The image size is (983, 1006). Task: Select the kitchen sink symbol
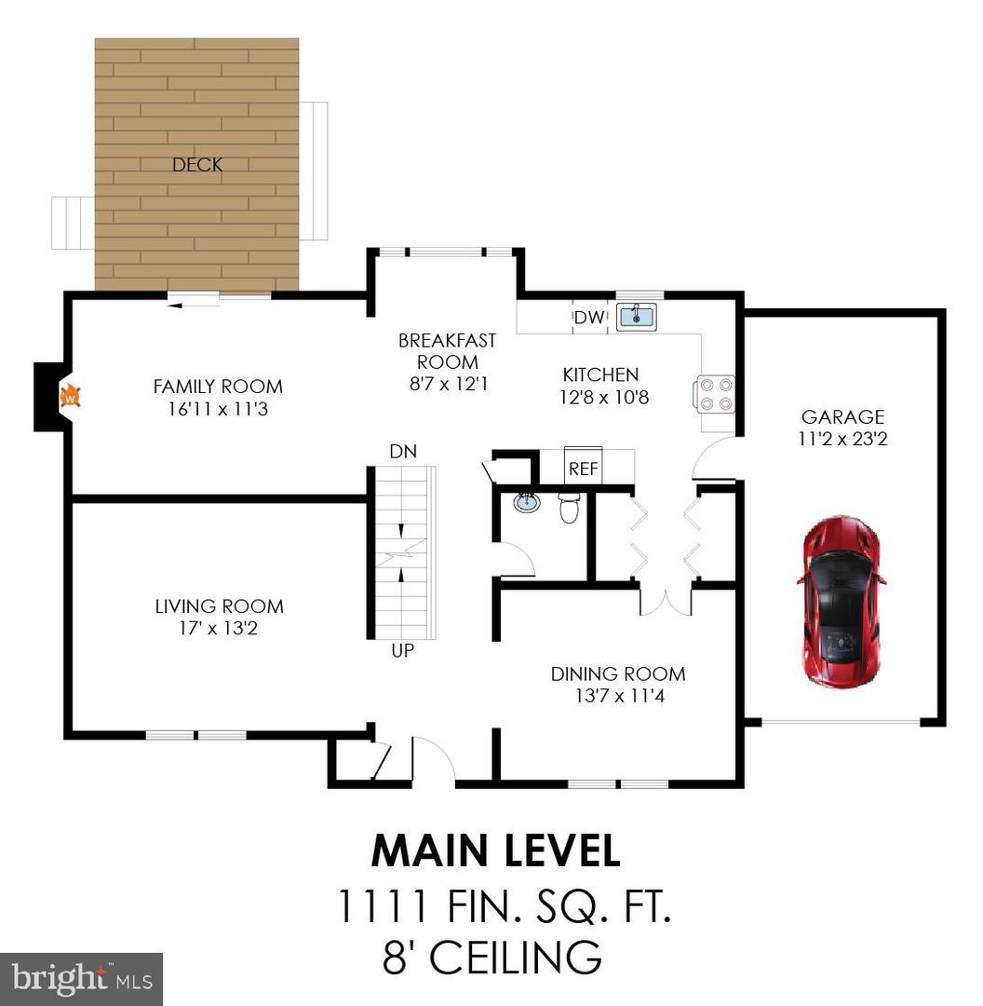coord(636,316)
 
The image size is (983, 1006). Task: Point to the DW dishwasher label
coord(588,318)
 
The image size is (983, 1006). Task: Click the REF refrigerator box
coord(584,468)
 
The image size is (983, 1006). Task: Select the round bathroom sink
coord(527,504)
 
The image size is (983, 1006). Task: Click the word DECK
coord(197,165)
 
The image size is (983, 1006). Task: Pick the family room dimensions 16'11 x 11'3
coord(217,409)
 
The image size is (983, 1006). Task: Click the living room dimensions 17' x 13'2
coord(219,629)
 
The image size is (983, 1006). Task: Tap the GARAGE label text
coord(843,417)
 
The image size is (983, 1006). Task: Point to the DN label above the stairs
coord(403,452)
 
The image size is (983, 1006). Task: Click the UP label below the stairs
coord(402,651)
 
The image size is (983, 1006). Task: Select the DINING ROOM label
coord(617,673)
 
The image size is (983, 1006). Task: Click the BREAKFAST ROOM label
coord(447,351)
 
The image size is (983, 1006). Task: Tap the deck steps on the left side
coord(72,223)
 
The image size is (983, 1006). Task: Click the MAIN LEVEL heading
coord(495,851)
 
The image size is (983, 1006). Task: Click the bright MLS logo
coord(82,978)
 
